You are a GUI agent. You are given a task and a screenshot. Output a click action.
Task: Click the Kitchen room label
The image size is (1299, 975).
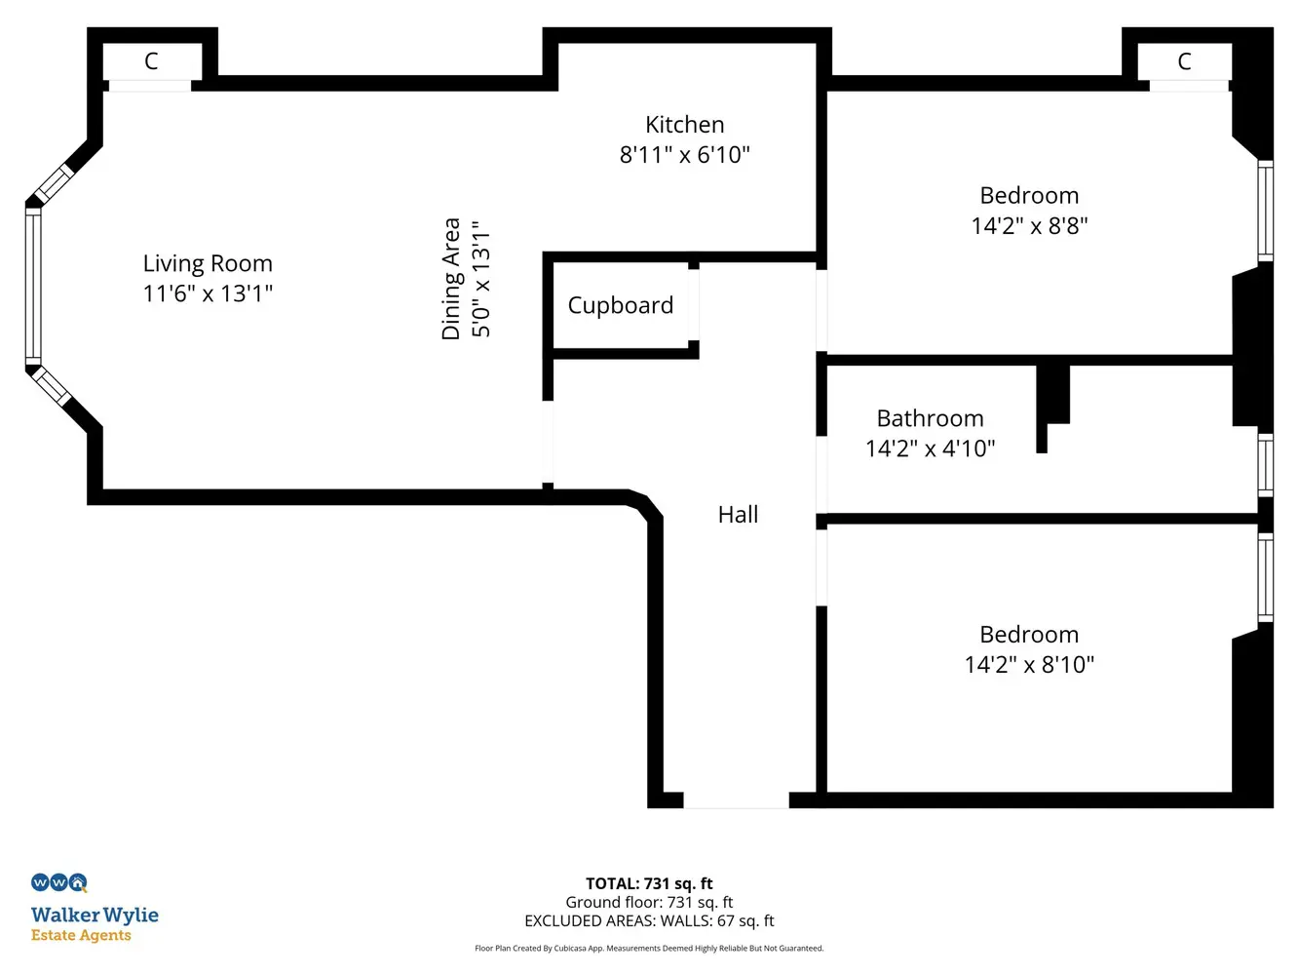click(x=684, y=125)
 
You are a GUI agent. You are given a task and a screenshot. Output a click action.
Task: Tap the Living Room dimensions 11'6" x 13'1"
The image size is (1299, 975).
click(x=208, y=293)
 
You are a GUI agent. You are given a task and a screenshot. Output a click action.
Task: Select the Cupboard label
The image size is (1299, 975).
click(x=620, y=305)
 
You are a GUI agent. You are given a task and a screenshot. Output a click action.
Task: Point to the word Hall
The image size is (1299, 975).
click(x=738, y=515)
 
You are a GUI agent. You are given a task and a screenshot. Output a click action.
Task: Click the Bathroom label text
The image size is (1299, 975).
click(x=930, y=418)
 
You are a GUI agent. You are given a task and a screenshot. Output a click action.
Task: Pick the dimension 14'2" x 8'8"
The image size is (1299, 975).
click(x=1029, y=225)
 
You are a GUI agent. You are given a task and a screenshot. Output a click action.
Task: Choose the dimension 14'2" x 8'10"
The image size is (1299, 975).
click(x=1029, y=664)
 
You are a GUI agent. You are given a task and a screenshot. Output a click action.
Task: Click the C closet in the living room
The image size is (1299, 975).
click(x=151, y=61)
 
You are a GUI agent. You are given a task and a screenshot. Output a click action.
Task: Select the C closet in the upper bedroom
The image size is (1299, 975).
click(x=1184, y=61)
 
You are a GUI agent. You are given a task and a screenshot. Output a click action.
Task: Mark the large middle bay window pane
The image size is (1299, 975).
click(x=33, y=287)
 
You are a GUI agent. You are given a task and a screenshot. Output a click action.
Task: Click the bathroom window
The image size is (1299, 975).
click(x=1265, y=465)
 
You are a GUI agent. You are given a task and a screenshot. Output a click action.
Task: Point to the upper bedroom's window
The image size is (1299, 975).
click(x=1265, y=211)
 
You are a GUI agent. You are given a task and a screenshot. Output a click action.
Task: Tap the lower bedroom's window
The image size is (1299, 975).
click(x=1265, y=578)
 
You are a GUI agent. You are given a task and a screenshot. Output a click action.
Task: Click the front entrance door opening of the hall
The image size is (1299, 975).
click(x=736, y=799)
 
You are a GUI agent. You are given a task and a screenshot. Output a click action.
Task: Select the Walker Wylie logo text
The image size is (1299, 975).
click(x=95, y=915)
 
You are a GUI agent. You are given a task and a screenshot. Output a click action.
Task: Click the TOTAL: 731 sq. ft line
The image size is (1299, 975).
click(x=649, y=883)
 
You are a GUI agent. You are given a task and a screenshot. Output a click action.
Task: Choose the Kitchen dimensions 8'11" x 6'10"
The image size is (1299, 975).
click(x=684, y=154)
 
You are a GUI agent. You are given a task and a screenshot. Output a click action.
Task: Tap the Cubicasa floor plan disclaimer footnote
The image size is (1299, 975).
click(x=649, y=949)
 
